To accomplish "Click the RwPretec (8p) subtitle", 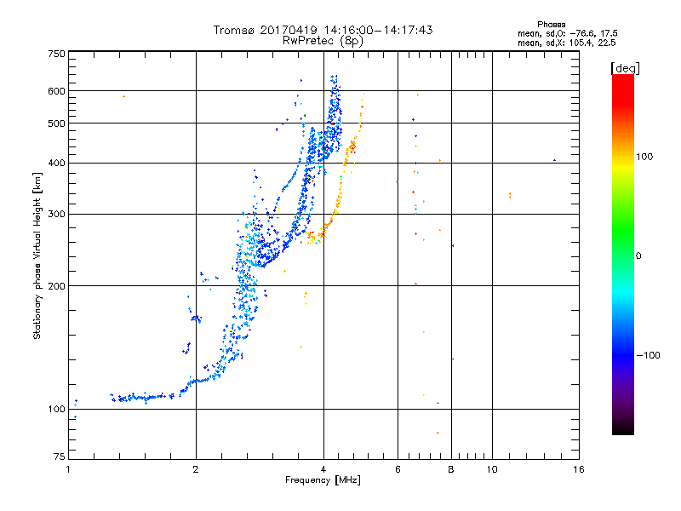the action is (x=323, y=41).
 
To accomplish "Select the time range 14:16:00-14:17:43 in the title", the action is (x=378, y=30).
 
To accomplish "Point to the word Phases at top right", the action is (x=551, y=25).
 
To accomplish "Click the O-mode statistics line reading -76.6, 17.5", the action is (x=567, y=33).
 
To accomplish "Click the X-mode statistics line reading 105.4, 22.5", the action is (x=566, y=43).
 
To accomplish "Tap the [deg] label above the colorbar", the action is (x=625, y=68).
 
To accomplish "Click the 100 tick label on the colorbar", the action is (x=644, y=157).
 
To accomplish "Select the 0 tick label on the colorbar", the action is (x=638, y=256).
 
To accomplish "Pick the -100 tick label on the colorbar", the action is (x=649, y=355).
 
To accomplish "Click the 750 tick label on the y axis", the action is (x=57, y=54).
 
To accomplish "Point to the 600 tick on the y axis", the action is (x=57, y=91).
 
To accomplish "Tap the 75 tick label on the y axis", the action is (x=60, y=456).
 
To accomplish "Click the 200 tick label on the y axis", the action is (x=57, y=286).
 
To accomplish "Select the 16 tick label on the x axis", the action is (x=579, y=469).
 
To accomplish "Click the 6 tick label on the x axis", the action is (x=398, y=469).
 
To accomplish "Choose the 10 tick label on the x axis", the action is (x=492, y=469).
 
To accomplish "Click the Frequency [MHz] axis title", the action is (x=323, y=480).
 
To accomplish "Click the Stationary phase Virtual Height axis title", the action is (x=37, y=256).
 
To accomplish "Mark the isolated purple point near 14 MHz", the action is (x=554, y=160).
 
